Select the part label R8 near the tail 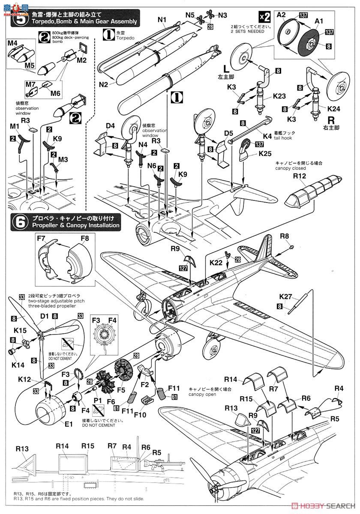click(x=285, y=236)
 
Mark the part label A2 click(x=281, y=14)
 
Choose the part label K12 click(x=25, y=379)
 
